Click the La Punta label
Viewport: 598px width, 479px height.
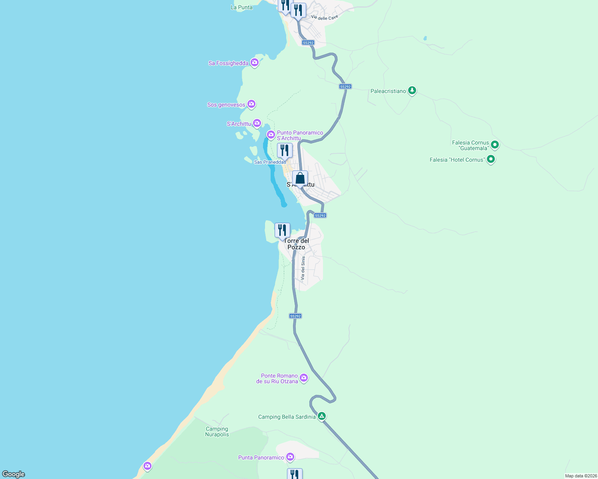point(241,7)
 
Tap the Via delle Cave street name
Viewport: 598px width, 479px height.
point(325,18)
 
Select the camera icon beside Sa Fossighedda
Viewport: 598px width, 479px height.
point(255,63)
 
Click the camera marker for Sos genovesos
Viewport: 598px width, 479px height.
point(251,104)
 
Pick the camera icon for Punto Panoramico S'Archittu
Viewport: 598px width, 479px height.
point(271,135)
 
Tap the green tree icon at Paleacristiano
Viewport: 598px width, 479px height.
point(412,91)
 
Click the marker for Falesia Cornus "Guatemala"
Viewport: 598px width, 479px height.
point(495,144)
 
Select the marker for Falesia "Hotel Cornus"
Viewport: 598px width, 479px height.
point(491,160)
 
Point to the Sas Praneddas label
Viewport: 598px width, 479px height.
point(270,162)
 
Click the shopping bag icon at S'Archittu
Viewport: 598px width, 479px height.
point(300,178)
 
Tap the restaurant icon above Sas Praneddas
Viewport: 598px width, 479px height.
point(285,150)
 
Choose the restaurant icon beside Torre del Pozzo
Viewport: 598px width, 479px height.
point(282,230)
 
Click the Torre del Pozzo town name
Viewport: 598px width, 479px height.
point(297,244)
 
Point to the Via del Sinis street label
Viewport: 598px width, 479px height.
point(303,268)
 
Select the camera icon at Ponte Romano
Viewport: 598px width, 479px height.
point(304,378)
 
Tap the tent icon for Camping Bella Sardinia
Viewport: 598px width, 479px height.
point(322,416)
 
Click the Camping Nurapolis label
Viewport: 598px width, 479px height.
point(217,431)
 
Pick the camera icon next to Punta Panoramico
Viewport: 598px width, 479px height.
point(290,457)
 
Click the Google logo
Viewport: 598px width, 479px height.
point(14,474)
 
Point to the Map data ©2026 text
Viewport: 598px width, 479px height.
point(581,476)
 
